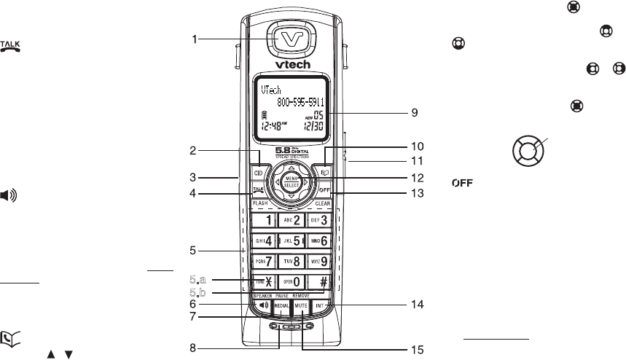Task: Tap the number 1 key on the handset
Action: pos(264,219)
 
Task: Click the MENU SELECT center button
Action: pos(292,181)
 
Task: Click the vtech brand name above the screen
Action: pos(292,64)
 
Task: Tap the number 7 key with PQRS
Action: pos(264,260)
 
